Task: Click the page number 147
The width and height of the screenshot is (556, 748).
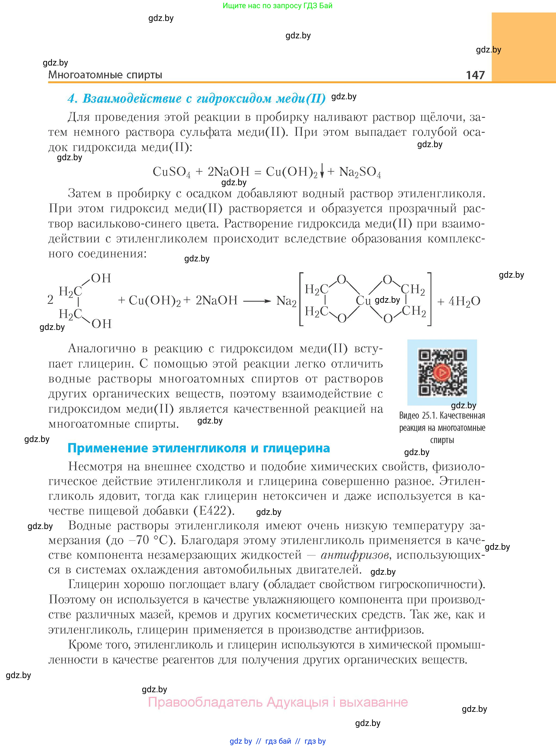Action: pos(475,75)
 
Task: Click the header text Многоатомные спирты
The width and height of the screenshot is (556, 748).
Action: pos(105,75)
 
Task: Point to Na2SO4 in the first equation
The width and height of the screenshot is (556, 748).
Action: pos(360,172)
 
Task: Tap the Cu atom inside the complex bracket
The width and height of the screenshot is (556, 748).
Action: pos(363,300)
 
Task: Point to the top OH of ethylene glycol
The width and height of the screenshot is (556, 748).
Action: pos(101,278)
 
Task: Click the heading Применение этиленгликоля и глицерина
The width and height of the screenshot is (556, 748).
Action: pos(199,448)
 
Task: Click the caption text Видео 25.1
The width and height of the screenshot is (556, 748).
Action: pos(418,416)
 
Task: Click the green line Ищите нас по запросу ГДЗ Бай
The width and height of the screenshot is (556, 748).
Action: pos(277,6)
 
